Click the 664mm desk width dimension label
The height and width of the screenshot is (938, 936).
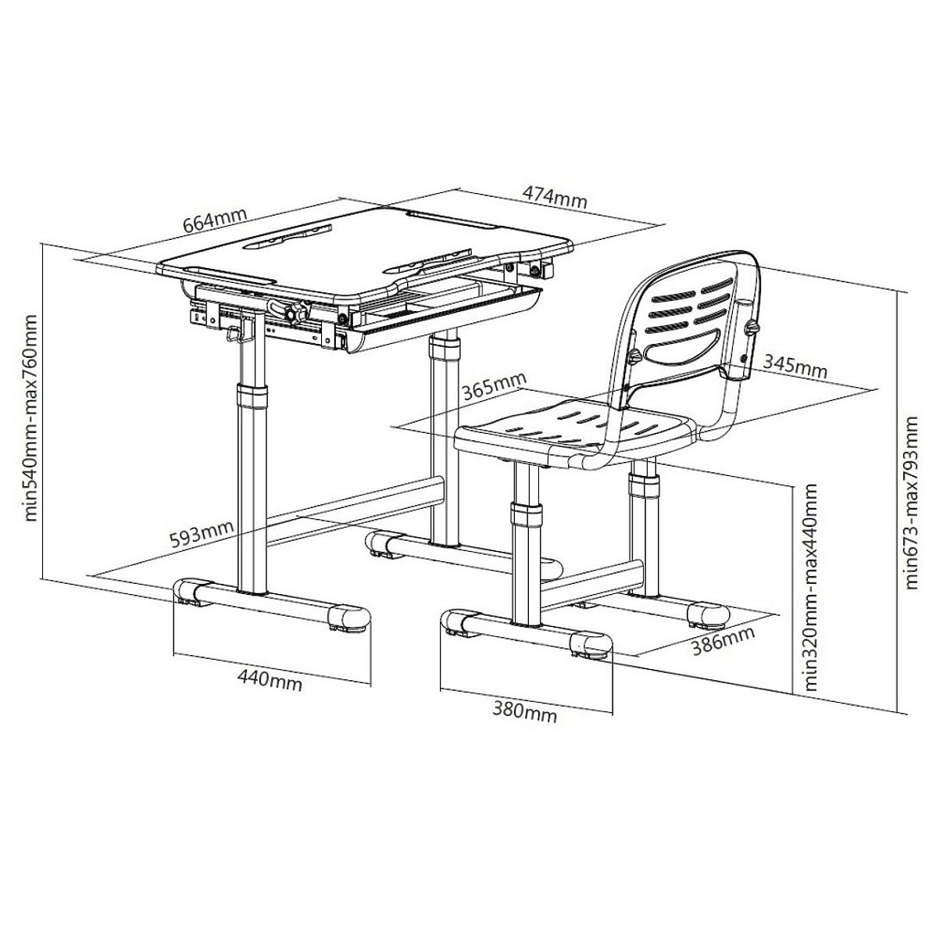click(215, 221)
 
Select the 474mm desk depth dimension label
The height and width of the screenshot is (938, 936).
click(555, 197)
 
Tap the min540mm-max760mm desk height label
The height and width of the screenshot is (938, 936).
click(30, 418)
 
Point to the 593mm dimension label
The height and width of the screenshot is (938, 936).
click(201, 535)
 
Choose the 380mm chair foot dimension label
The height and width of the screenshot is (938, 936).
click(524, 711)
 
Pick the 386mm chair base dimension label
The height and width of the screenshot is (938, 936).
click(723, 641)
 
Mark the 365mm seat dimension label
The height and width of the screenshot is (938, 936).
click(495, 386)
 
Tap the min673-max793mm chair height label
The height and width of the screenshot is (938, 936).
click(911, 503)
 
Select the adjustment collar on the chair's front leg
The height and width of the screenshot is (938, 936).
click(527, 514)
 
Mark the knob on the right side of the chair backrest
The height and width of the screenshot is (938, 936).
click(752, 328)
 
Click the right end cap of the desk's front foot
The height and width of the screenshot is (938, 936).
click(348, 618)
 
